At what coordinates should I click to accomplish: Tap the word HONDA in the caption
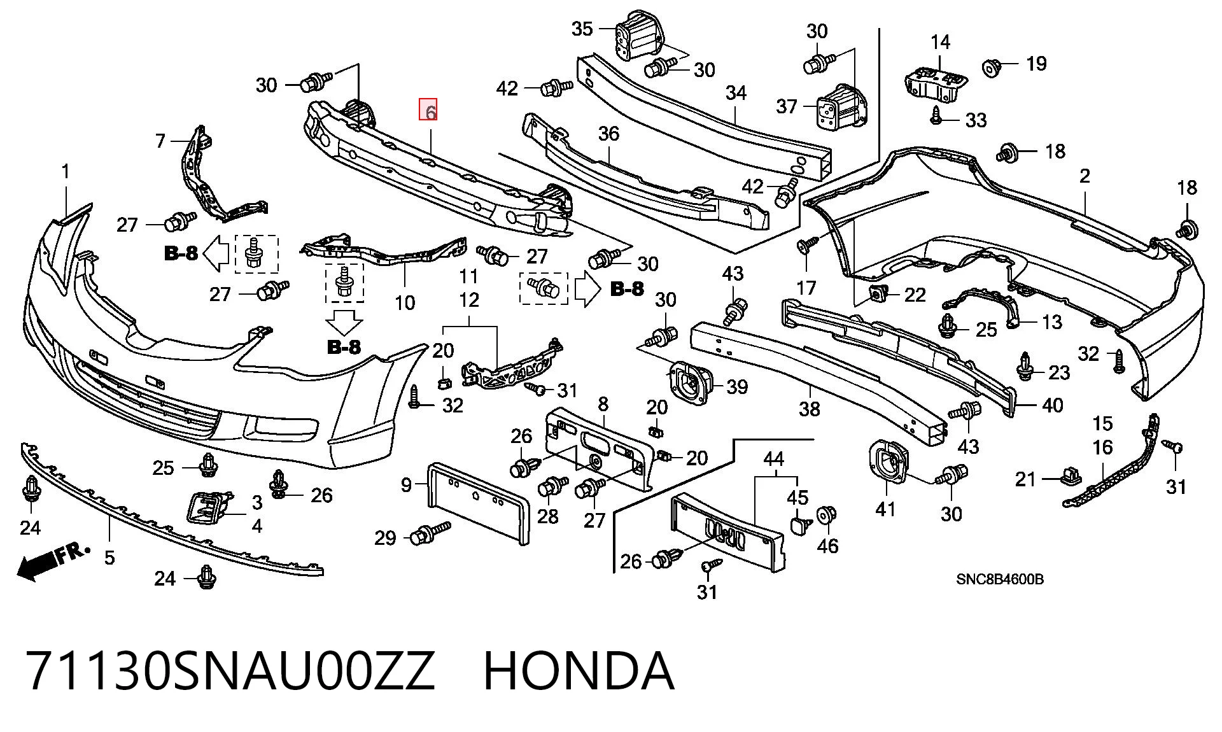pos(579,670)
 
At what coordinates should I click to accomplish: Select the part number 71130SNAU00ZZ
pos(230,670)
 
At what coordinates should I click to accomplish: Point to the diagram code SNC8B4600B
pos(1000,579)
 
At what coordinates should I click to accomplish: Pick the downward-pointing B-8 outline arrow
pos(344,323)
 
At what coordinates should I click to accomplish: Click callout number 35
pos(582,29)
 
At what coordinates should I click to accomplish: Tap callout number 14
pos(940,42)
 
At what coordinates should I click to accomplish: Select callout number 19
pos(1036,63)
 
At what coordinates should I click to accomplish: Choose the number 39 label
pos(736,386)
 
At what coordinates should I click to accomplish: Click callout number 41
pos(886,509)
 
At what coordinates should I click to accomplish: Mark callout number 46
pos(827,545)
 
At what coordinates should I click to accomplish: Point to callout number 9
pos(406,485)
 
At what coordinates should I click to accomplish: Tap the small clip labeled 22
pos(878,293)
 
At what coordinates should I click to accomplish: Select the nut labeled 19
pos(992,67)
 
